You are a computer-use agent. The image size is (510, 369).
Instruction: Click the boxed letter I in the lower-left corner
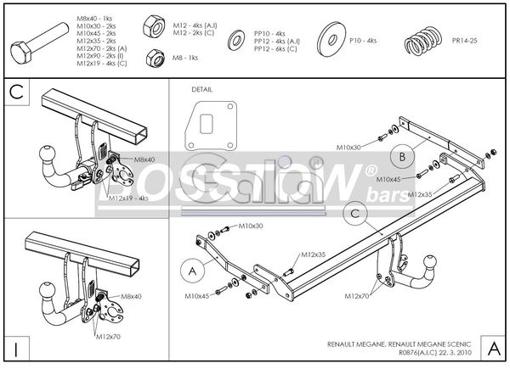(16, 348)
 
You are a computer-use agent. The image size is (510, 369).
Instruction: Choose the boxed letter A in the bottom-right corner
(493, 348)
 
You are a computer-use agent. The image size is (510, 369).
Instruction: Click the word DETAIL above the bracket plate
(203, 88)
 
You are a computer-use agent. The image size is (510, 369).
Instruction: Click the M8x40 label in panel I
(132, 297)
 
